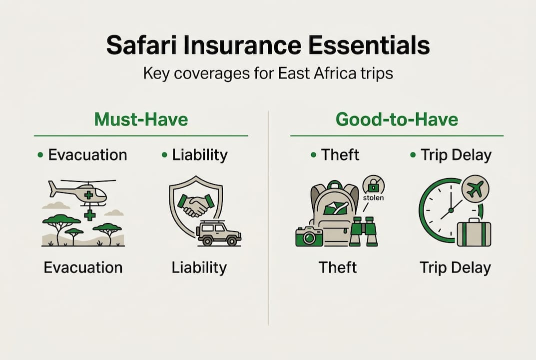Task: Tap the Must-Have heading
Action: tap(141, 120)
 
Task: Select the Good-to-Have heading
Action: tap(397, 120)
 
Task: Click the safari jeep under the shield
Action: tap(218, 233)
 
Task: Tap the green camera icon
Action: tap(309, 236)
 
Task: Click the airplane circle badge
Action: tap(475, 189)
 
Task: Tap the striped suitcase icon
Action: tap(474, 233)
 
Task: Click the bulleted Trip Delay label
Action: tap(456, 155)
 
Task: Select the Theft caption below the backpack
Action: tap(338, 267)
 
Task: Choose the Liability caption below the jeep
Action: tap(199, 267)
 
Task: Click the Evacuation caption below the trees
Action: tap(83, 267)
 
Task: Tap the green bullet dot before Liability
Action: tap(165, 155)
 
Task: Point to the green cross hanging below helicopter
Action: tap(90, 215)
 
